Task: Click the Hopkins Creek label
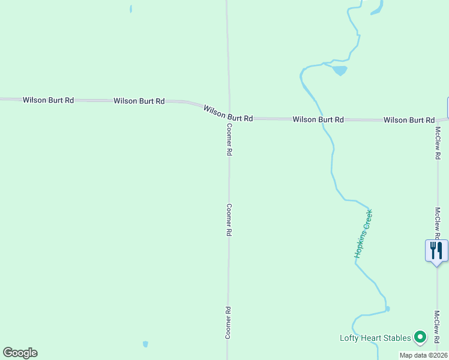pyautogui.click(x=363, y=234)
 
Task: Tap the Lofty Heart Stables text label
pyautogui.click(x=375, y=338)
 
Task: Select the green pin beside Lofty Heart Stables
pyautogui.click(x=420, y=338)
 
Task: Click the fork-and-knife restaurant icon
pyautogui.click(x=436, y=250)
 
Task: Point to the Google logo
pyautogui.click(x=20, y=353)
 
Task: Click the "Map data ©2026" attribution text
pyautogui.click(x=424, y=355)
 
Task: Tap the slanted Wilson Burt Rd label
pyautogui.click(x=228, y=113)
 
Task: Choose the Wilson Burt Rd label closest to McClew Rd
pyautogui.click(x=409, y=120)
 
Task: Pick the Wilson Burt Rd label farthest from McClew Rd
pyautogui.click(x=48, y=100)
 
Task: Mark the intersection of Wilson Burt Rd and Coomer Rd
pyautogui.click(x=228, y=118)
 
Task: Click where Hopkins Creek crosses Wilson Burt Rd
pyautogui.click(x=322, y=119)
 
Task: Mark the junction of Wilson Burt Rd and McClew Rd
pyautogui.click(x=438, y=119)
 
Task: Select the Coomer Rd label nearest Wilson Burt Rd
pyautogui.click(x=229, y=140)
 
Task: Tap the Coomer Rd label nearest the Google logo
pyautogui.click(x=228, y=323)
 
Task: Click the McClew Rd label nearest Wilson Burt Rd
pyautogui.click(x=438, y=142)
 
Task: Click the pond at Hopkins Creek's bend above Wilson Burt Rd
pyautogui.click(x=340, y=70)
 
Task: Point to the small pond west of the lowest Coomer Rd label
pyautogui.click(x=145, y=344)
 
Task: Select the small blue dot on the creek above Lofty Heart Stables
pyautogui.click(x=388, y=309)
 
